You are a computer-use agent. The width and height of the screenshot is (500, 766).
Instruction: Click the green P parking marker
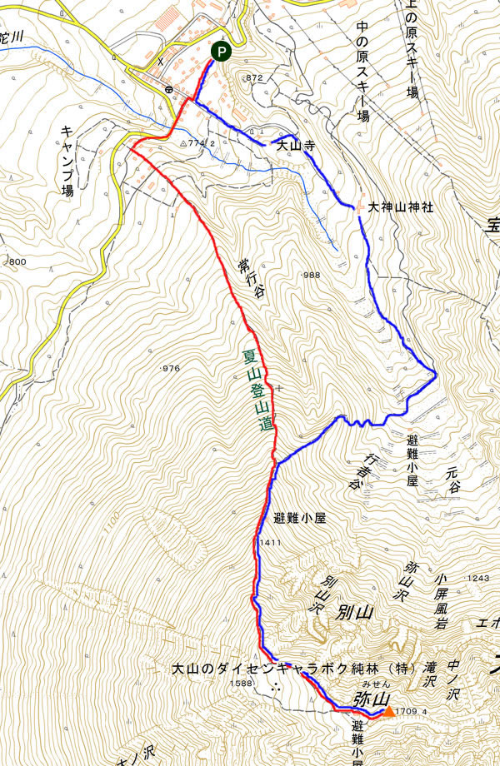[x=221, y=52]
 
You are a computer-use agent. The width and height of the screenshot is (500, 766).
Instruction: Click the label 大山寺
[x=295, y=145]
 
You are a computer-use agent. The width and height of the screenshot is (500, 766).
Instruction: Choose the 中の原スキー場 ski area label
[x=362, y=72]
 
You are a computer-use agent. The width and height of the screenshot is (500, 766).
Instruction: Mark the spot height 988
[x=310, y=276]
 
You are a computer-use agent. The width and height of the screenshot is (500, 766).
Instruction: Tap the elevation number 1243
[x=477, y=579]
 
